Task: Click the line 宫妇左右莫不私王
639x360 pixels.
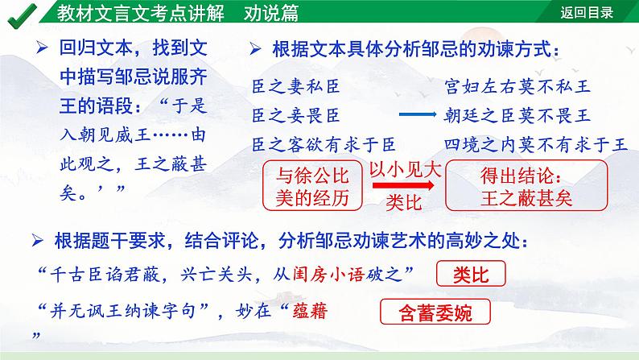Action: (516, 85)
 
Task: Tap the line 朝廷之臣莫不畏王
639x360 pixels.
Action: (516, 115)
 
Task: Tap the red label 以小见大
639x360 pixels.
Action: (405, 170)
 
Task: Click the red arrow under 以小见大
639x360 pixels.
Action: (405, 186)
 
